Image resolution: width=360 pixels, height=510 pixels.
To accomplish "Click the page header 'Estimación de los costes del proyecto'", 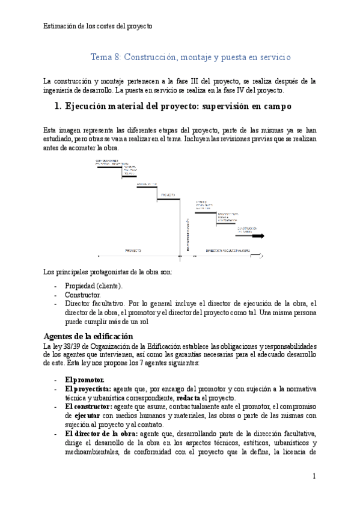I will click(99, 26).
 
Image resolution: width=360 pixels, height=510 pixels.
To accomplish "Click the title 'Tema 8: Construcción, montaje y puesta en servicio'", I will click(191, 57).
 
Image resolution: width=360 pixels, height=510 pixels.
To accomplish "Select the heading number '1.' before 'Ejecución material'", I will click(58, 106).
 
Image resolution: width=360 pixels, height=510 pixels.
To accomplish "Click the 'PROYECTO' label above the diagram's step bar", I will click(168, 195).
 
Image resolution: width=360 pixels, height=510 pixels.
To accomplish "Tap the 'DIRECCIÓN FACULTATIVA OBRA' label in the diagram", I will click(228, 250).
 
